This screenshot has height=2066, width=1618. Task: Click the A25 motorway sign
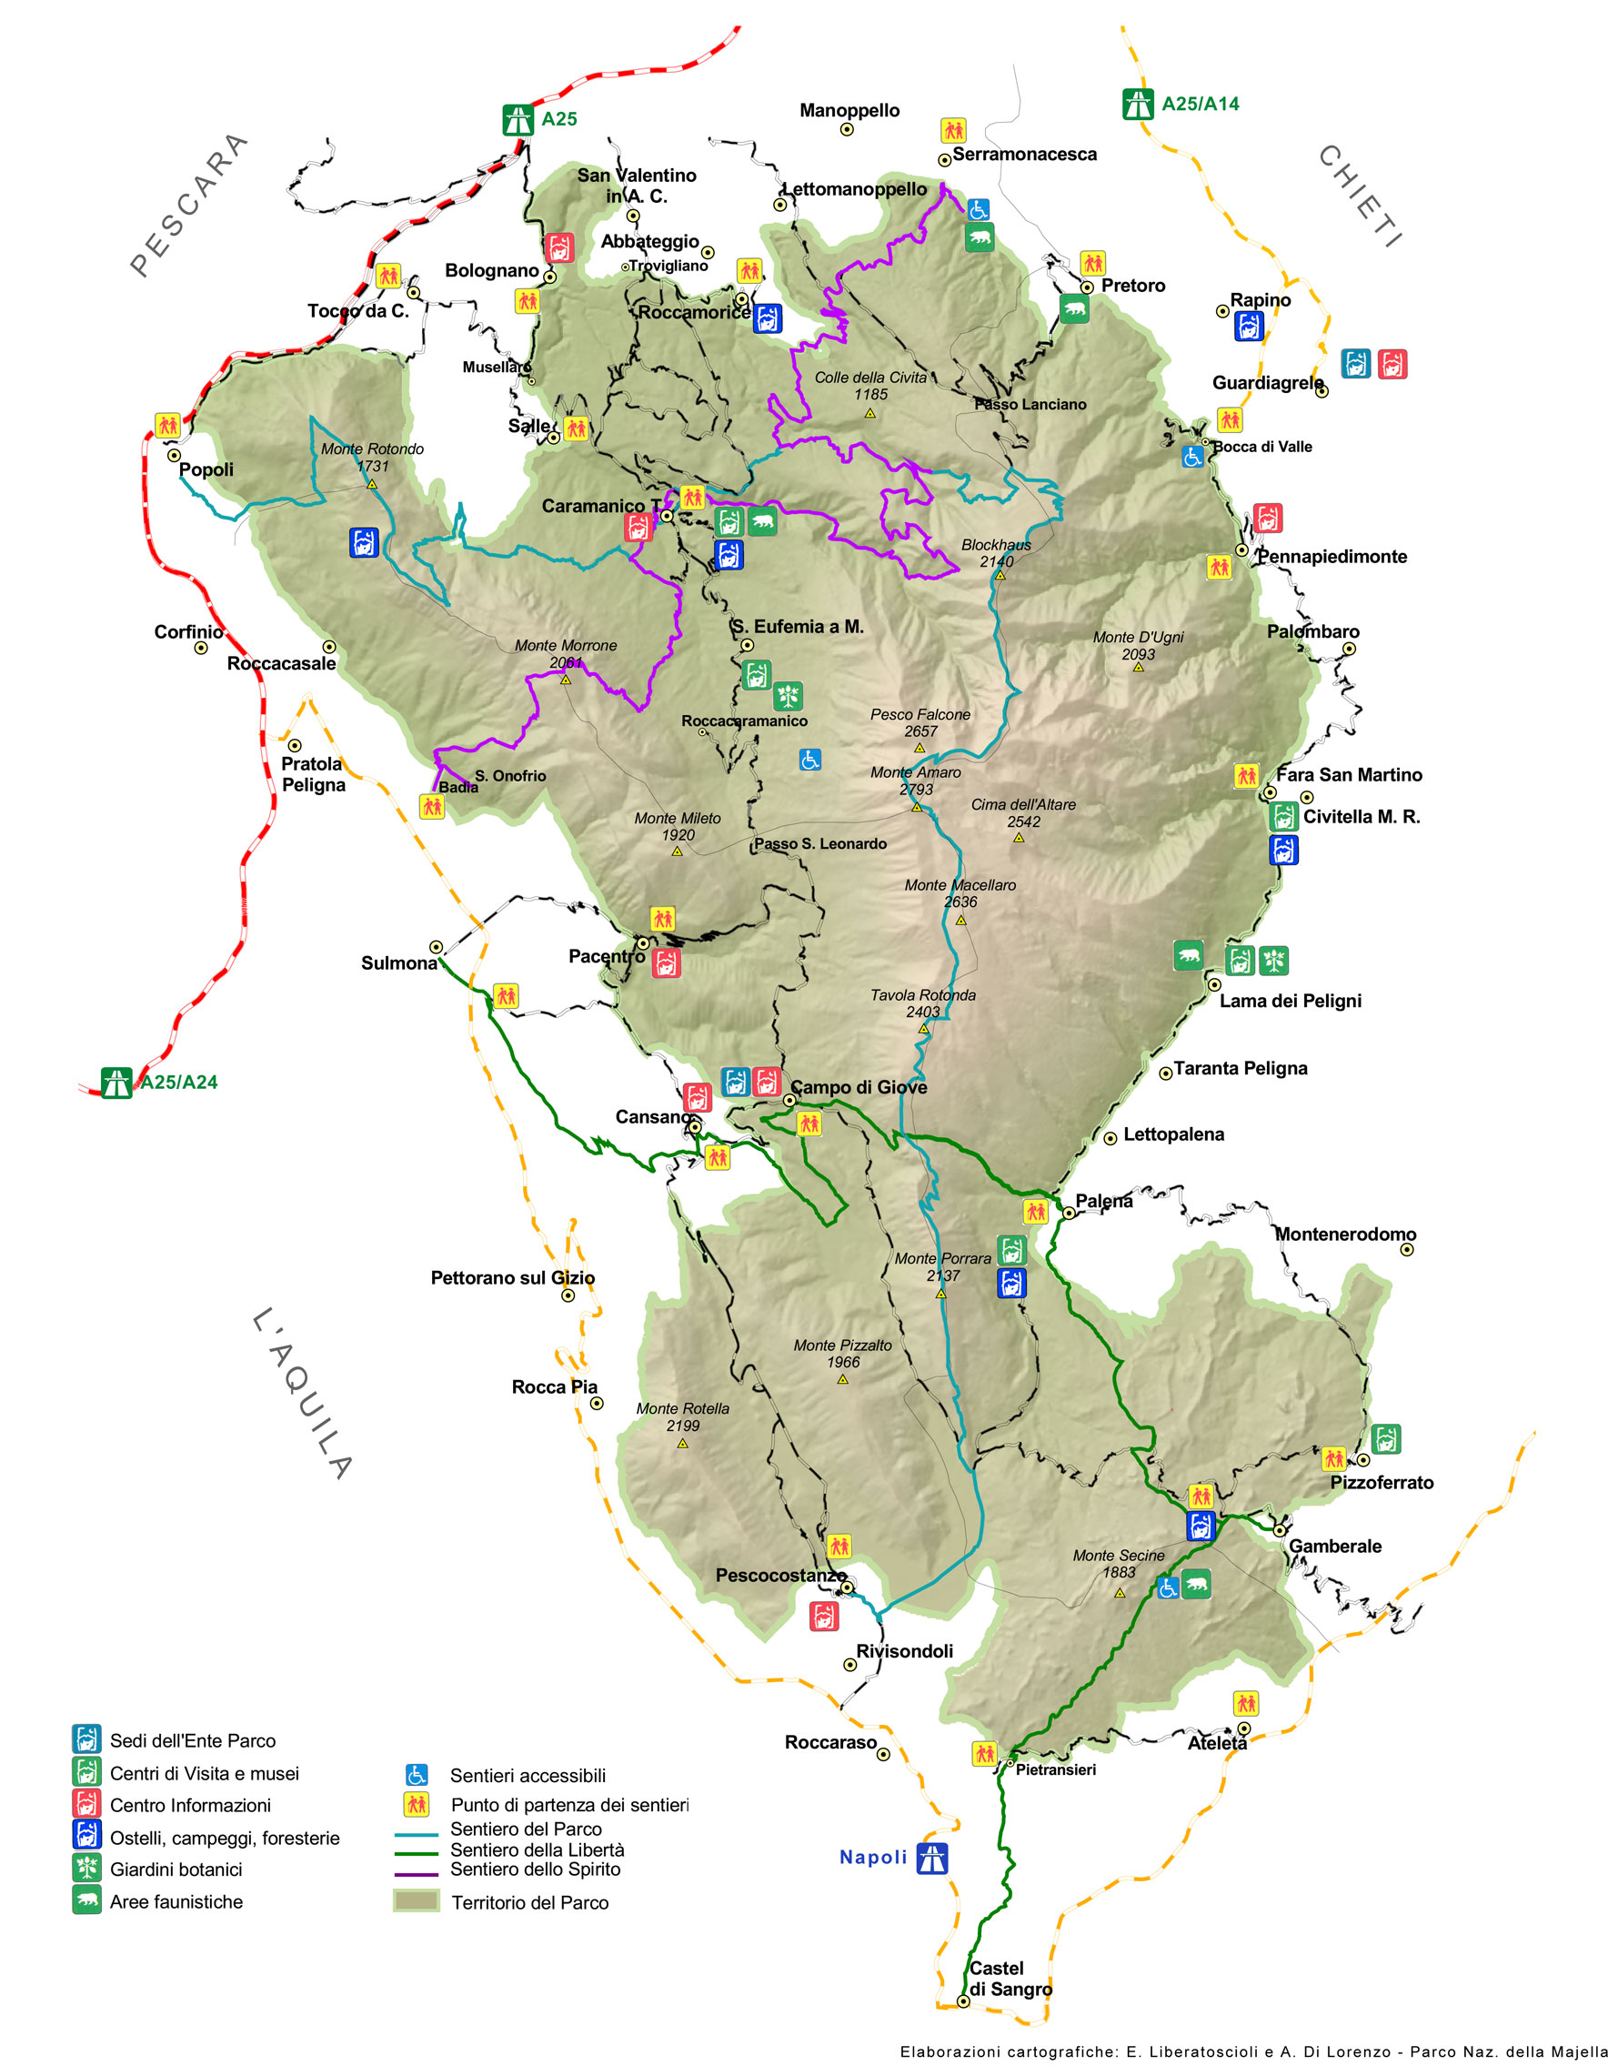(518, 119)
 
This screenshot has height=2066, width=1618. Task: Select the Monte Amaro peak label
(915, 781)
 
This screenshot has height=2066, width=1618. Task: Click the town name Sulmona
(399, 962)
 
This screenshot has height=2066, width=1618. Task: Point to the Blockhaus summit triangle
(1000, 574)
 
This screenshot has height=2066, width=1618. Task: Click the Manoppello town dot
(847, 130)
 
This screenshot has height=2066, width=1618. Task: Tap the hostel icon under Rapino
(1249, 327)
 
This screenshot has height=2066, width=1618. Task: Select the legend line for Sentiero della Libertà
(416, 1852)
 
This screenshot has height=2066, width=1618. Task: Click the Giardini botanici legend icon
(87, 1868)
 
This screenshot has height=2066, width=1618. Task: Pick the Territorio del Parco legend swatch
(416, 1900)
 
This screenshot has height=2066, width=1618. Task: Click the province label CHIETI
(1360, 197)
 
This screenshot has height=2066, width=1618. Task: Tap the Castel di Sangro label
(1009, 1978)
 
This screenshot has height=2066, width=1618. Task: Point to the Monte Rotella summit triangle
(682, 1444)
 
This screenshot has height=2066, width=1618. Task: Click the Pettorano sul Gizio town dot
(568, 1295)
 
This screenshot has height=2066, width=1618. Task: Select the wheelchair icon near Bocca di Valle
(1191, 457)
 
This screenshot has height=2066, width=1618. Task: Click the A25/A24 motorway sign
(116, 1082)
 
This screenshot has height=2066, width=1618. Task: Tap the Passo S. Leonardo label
(819, 843)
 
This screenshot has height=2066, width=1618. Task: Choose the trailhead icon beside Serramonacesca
(953, 130)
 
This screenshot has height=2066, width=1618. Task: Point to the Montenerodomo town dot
(1407, 1249)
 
